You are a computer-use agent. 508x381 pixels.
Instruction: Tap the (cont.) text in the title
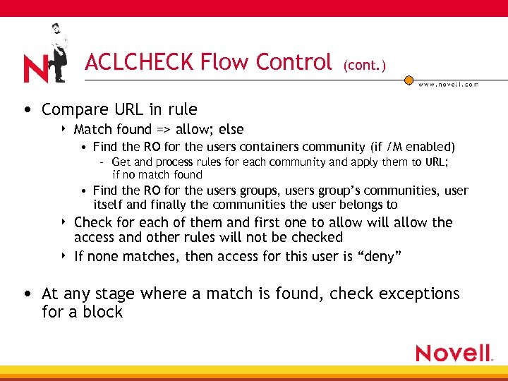(365, 66)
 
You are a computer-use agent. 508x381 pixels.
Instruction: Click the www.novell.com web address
(448, 84)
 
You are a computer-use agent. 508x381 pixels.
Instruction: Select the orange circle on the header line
(409, 80)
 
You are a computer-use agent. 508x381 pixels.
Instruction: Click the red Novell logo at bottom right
(454, 353)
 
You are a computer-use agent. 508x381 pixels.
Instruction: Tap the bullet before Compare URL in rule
(26, 110)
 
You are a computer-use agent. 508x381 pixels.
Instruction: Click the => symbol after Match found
(164, 130)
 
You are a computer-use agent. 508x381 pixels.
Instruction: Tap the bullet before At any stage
(26, 294)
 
